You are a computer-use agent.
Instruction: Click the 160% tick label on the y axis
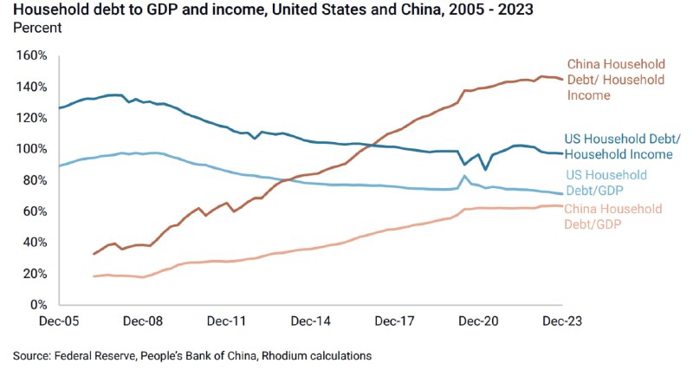(32, 55)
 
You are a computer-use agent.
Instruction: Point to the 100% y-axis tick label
(32, 149)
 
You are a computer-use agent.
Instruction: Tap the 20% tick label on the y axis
(36, 274)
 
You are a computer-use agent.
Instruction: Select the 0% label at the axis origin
(39, 305)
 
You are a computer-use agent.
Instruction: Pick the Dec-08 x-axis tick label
(144, 321)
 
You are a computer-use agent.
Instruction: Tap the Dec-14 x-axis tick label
(311, 321)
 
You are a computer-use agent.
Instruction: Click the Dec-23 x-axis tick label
(562, 321)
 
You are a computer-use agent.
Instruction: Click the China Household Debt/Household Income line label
(615, 80)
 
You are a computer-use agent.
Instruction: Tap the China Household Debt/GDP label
(613, 217)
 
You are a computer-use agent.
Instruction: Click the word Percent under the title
(37, 28)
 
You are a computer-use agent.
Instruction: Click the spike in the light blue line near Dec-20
(465, 176)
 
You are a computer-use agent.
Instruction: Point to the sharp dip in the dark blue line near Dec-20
(485, 169)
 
